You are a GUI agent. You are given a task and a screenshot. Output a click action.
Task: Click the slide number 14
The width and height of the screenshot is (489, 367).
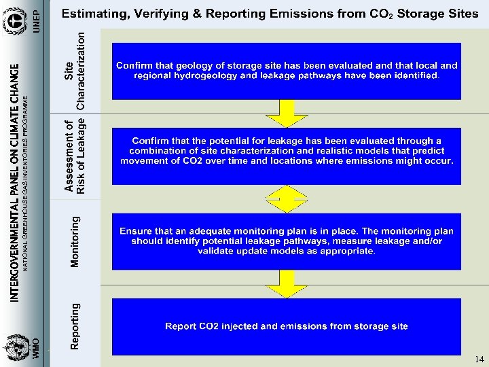pyautogui.click(x=479, y=359)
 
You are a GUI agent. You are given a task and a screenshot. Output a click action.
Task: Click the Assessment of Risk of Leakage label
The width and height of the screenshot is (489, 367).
pyautogui.click(x=75, y=158)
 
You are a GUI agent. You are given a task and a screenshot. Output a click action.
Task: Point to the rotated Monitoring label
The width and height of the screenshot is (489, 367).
pyautogui.click(x=75, y=241)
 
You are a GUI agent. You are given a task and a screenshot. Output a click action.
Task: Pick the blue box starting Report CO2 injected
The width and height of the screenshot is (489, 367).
pyautogui.click(x=287, y=326)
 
